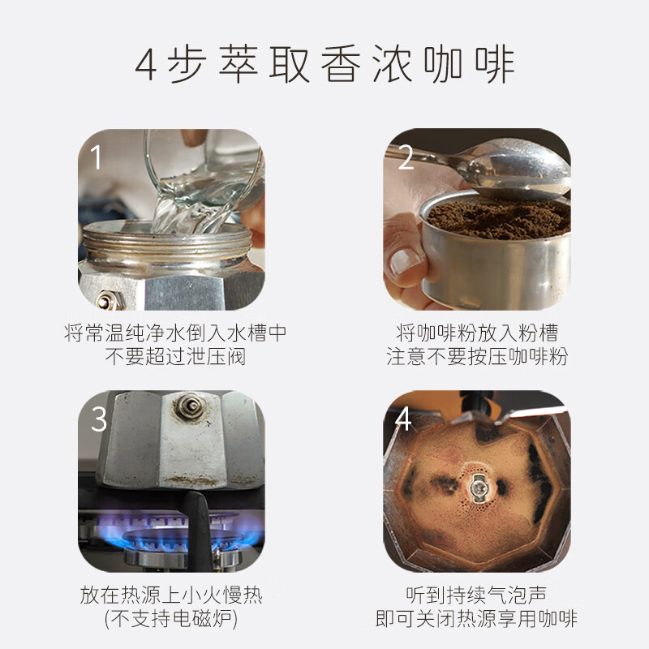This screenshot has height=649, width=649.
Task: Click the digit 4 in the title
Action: (145, 66)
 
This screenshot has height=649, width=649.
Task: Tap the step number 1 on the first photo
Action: (97, 157)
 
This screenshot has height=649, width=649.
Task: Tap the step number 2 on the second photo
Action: (405, 157)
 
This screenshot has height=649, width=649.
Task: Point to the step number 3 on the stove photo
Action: (98, 419)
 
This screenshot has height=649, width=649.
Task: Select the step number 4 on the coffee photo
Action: (403, 419)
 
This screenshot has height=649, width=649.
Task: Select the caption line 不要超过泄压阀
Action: (175, 357)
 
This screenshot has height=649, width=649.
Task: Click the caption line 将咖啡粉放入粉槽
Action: (477, 333)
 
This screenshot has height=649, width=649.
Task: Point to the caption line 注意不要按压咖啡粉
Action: (477, 357)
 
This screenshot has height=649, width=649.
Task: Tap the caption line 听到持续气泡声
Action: (477, 595)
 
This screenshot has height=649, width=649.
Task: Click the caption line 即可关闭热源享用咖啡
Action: (477, 620)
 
